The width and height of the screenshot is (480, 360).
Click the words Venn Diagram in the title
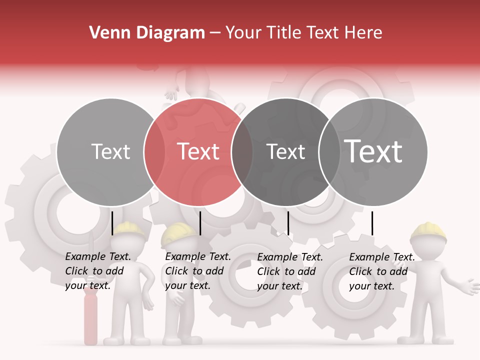coord(147,33)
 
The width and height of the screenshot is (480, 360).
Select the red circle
coord(198,125)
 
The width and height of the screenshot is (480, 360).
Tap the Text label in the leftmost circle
coord(110,151)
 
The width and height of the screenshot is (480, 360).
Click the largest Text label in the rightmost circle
coord(373,151)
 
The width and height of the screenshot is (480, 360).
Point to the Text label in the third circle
coord(285,151)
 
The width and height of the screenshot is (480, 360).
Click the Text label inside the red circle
coord(198,151)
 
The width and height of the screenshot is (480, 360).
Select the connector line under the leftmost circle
coord(112,223)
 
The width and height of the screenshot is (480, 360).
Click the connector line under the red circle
coord(200,223)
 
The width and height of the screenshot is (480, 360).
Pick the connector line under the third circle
coord(288,223)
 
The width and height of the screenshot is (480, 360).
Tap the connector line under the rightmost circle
coord(372,223)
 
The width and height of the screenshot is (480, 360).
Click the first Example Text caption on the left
coord(97,271)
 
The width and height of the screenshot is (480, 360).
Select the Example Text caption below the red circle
coord(197,271)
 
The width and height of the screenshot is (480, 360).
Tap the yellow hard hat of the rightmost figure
coord(428,230)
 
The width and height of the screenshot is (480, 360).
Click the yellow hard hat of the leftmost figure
coord(129,228)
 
